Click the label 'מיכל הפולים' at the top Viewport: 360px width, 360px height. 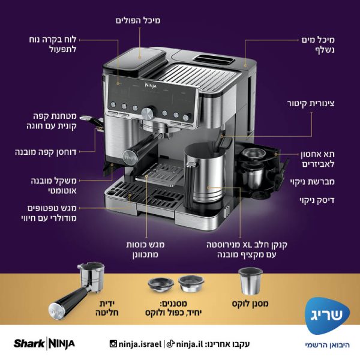[x=137, y=20]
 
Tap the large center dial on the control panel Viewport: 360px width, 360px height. [x=147, y=113]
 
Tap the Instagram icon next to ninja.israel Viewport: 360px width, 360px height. [x=113, y=344]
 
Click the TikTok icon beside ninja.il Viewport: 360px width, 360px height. [x=170, y=344]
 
